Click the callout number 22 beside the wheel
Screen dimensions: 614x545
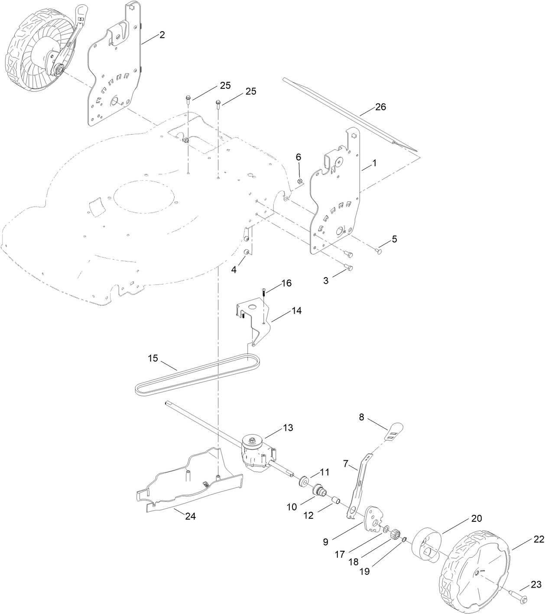[x=539, y=539]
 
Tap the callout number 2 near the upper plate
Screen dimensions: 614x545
[x=162, y=35]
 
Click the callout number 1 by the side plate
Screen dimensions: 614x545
[x=374, y=164]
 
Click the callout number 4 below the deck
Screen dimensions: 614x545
[x=234, y=269]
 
